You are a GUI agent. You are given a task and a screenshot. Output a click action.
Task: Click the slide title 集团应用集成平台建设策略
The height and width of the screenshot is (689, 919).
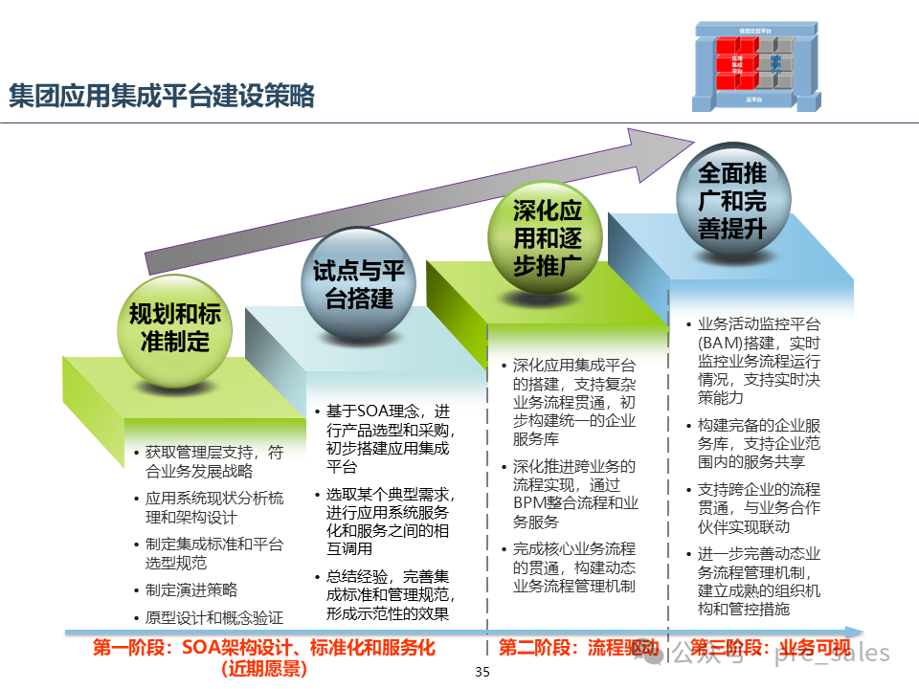162,97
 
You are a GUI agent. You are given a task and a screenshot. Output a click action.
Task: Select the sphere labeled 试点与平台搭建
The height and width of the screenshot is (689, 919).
359,284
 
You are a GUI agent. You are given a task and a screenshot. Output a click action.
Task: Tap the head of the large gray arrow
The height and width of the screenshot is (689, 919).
661,150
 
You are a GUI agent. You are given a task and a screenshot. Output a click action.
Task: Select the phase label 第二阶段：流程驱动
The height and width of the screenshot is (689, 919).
565,648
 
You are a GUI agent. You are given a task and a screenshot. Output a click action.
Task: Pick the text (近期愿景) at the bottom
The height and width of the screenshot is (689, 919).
263,668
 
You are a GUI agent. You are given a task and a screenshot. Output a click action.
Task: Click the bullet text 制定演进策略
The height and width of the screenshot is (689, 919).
191,590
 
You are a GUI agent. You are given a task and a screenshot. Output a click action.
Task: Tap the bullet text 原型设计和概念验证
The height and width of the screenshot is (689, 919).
214,617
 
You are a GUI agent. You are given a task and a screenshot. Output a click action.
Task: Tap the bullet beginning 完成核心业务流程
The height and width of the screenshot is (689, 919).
574,567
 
